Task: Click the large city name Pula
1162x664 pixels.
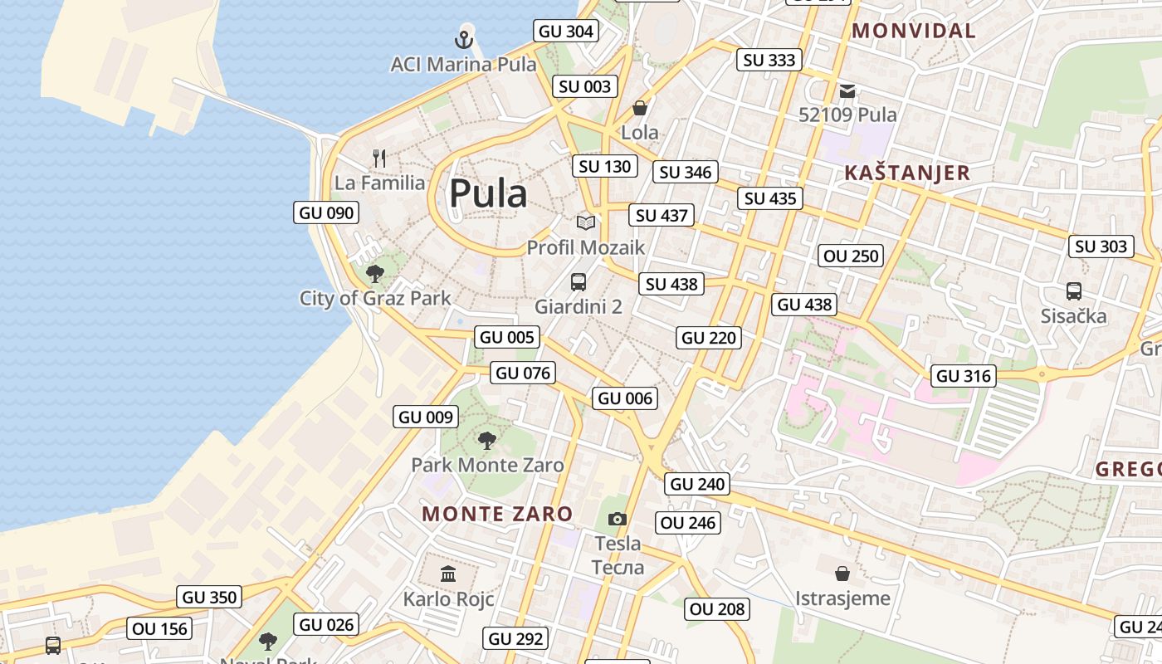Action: point(488,194)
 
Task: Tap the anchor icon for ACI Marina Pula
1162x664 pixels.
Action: point(464,39)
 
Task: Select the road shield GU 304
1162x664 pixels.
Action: point(566,32)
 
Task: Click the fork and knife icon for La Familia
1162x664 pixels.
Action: point(380,158)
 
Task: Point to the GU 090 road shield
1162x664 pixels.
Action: point(327,212)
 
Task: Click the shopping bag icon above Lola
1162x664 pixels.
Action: point(640,108)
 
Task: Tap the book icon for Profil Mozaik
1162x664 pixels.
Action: point(586,222)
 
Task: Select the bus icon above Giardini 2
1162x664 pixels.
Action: point(579,281)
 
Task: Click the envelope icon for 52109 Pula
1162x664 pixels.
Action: point(847,90)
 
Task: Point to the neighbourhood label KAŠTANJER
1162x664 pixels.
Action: point(907,173)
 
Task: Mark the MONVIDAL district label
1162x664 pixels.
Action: point(914,31)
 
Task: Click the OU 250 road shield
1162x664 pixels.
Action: point(851,256)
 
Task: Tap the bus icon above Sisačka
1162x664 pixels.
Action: point(1074,290)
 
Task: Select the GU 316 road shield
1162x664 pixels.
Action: point(963,376)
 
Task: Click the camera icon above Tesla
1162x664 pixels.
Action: point(618,519)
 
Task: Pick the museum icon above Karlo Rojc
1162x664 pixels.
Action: point(449,574)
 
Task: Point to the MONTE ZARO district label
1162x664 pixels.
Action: point(497,514)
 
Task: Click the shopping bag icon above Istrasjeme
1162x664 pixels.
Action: point(842,573)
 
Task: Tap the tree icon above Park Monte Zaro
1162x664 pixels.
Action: point(487,440)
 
